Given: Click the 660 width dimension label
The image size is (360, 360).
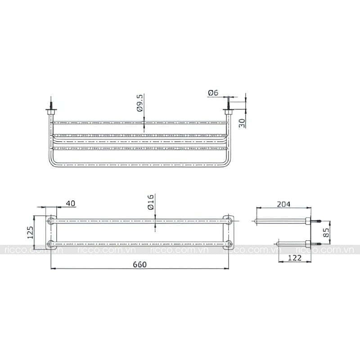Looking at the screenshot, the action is (139, 265).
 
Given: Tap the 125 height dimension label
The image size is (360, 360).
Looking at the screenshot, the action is (30, 232).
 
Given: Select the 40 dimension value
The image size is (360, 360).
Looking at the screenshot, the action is (71, 203).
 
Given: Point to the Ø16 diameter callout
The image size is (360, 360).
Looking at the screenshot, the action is (151, 202).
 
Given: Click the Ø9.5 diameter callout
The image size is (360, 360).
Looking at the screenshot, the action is (140, 103).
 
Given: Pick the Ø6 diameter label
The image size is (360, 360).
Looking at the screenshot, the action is (213, 93).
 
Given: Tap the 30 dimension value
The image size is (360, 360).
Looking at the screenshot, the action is (242, 123).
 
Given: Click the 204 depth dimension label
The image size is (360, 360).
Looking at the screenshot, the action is (283, 204).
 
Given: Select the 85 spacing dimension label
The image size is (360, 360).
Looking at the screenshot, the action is (326, 232).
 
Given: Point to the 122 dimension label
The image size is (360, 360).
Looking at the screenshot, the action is (295, 258).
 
